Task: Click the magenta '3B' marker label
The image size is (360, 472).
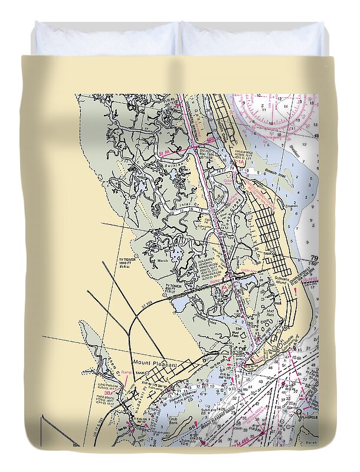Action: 107,392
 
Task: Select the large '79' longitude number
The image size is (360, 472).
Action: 313,258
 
